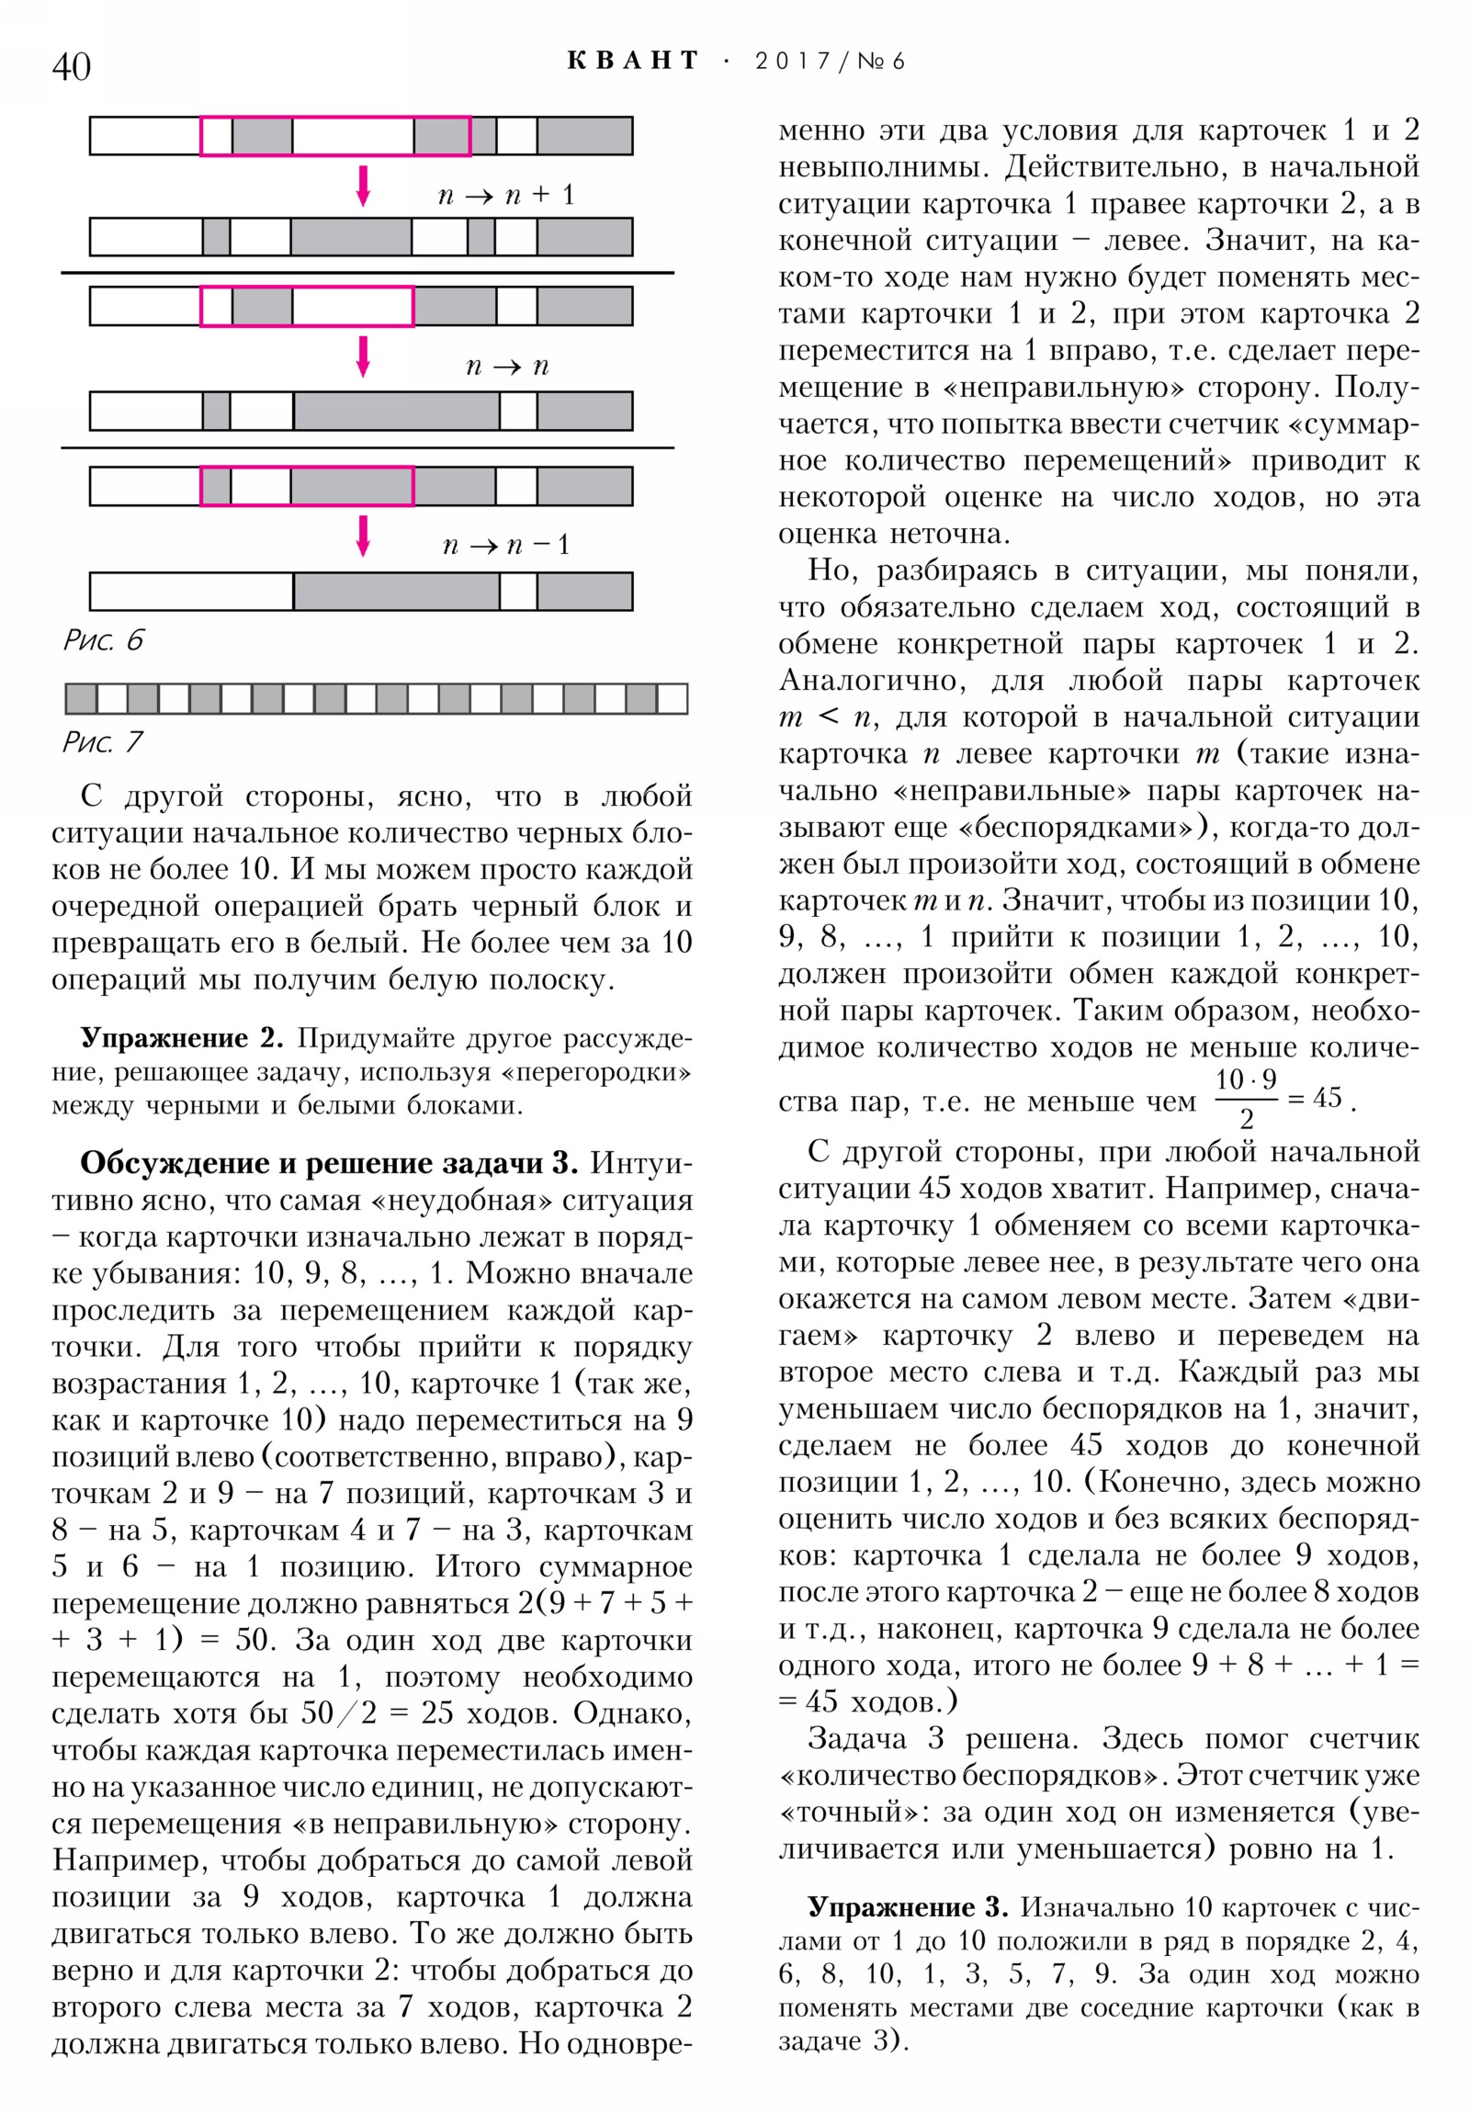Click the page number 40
point(72,66)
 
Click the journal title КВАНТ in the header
point(632,61)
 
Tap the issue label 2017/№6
point(830,62)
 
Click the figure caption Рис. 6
point(103,639)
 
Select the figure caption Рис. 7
point(102,741)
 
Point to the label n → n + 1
point(505,195)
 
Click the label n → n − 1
point(505,545)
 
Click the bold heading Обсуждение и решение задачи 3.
point(329,1163)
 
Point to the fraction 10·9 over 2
point(1246,1097)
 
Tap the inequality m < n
point(825,717)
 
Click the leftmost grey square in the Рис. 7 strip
point(81,698)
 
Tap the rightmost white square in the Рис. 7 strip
point(672,698)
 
